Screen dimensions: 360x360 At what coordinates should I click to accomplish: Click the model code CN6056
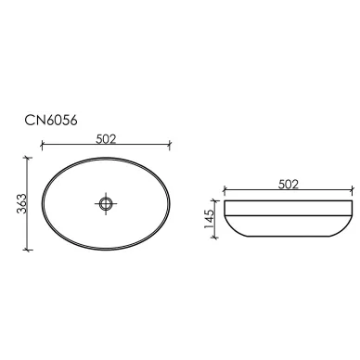[51, 121]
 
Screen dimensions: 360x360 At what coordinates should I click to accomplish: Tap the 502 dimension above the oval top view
[106, 139]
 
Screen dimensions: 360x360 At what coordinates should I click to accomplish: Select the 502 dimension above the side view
[289, 185]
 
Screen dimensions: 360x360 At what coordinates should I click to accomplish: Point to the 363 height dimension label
[22, 203]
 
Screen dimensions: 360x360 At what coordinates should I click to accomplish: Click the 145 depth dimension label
[210, 219]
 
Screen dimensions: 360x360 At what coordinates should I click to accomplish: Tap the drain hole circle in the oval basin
[106, 203]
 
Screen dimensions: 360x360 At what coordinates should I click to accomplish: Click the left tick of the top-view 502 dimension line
[42, 145]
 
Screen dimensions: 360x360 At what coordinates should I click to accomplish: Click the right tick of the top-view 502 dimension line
[170, 145]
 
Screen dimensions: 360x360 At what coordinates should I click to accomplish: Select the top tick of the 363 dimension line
[28, 158]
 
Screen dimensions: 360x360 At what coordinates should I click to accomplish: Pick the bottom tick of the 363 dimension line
[28, 250]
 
